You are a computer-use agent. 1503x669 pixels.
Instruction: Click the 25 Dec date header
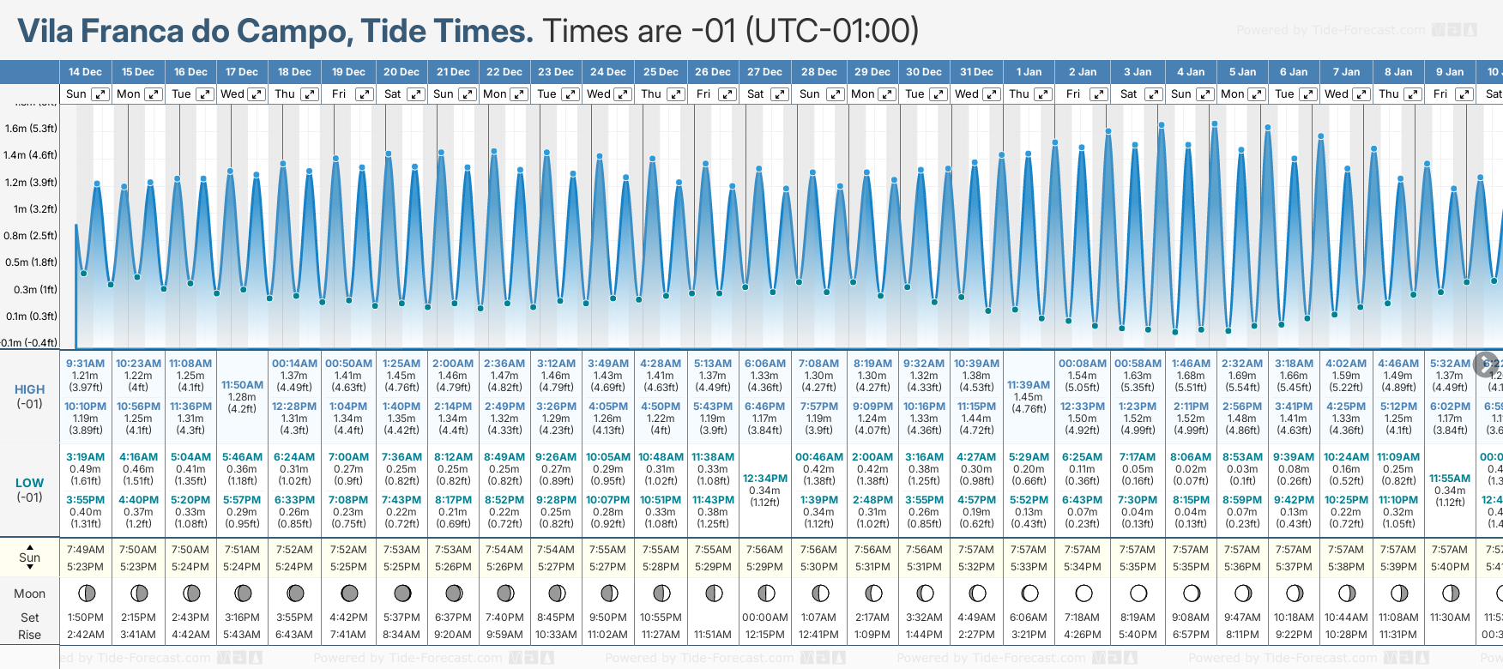[661, 72]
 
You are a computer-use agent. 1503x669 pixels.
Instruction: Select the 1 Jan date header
[1029, 72]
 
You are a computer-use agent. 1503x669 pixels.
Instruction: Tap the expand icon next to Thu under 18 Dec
[310, 94]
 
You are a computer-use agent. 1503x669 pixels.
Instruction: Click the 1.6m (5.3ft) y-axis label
[31, 129]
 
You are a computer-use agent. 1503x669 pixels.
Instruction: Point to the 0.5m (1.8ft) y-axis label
[31, 262]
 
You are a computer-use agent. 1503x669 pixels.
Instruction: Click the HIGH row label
[29, 389]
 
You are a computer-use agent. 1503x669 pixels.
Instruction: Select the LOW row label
[29, 483]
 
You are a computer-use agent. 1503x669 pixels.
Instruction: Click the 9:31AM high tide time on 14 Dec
[85, 364]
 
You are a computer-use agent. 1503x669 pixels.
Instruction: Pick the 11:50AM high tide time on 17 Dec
[242, 385]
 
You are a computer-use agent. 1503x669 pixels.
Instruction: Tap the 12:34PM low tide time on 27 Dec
[764, 479]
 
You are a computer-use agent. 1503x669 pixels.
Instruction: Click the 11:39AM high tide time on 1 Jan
[1029, 385]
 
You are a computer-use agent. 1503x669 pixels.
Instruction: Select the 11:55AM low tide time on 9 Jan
[1450, 479]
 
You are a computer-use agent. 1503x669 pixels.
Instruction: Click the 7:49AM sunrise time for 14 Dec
[85, 550]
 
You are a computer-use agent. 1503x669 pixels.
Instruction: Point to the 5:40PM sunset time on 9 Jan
[1450, 567]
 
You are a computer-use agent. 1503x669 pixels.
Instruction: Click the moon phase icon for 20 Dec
[401, 593]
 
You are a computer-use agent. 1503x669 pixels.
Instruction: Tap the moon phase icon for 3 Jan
[1138, 593]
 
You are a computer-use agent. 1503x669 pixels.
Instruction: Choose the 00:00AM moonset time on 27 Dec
[764, 618]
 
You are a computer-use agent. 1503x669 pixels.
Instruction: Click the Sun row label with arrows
[29, 557]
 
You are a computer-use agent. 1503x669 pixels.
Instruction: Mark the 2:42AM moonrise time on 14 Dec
[85, 635]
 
